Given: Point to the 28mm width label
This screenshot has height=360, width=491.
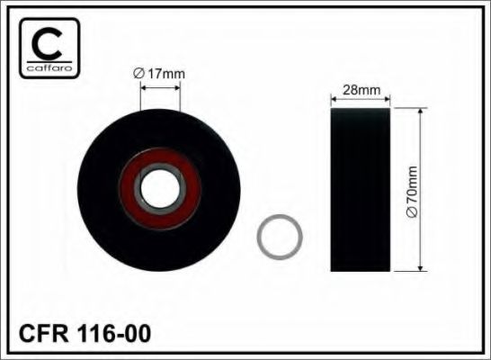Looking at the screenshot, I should [x=360, y=90].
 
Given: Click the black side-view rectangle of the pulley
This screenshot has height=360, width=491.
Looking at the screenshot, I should [x=360, y=189].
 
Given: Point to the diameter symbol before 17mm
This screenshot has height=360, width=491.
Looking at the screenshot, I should [x=138, y=74].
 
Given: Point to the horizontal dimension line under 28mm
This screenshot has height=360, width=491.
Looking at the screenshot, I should [x=360, y=100].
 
